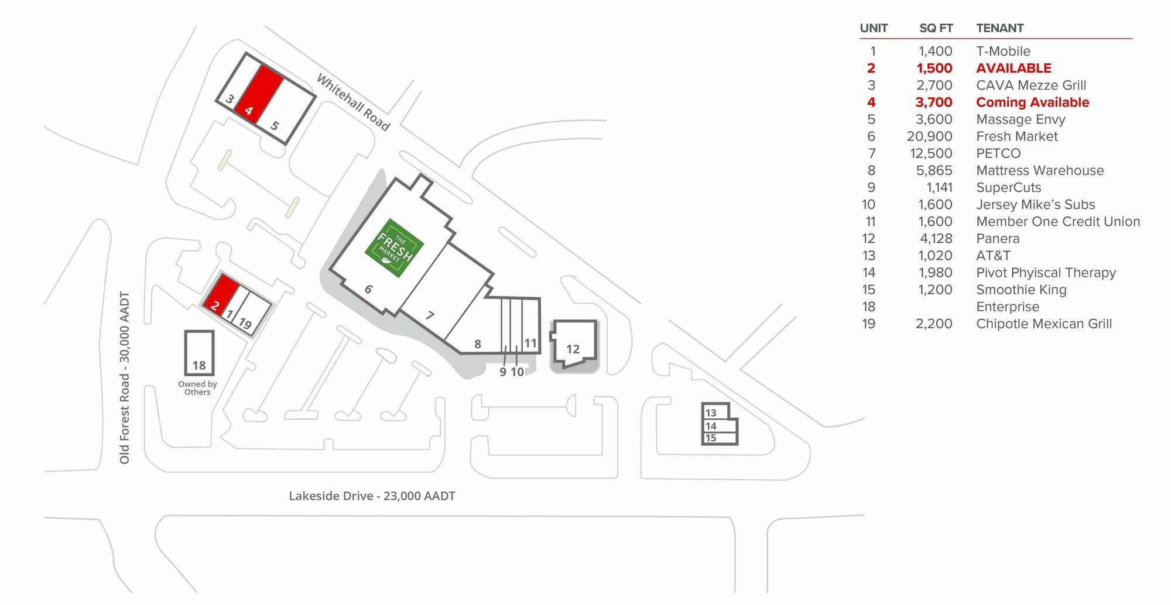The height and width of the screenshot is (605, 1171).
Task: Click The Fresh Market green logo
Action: (394, 248)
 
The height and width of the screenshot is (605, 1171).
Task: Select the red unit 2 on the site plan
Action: (221, 295)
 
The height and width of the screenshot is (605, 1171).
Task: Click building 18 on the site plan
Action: (199, 353)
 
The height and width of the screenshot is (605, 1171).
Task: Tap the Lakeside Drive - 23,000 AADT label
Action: (372, 496)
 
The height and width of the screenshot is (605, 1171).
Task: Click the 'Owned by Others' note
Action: (197, 388)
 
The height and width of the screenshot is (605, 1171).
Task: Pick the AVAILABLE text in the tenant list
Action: (1014, 68)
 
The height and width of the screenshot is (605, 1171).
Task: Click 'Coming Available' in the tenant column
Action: (1032, 102)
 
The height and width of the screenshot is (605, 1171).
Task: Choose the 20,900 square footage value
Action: (929, 136)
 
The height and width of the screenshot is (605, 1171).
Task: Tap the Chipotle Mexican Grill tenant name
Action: (1044, 324)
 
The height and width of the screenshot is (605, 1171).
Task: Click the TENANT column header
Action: (999, 28)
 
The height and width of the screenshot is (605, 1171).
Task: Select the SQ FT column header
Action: (936, 28)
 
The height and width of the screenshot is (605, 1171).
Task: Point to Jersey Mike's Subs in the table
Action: (1035, 205)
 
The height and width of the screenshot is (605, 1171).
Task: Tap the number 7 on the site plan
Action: (430, 315)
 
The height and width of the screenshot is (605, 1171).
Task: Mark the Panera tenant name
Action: (998, 239)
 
